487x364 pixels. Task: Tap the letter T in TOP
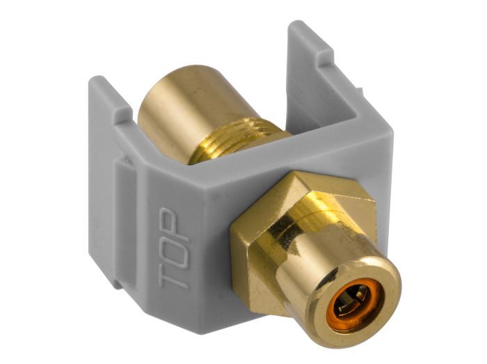tap(174, 276)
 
